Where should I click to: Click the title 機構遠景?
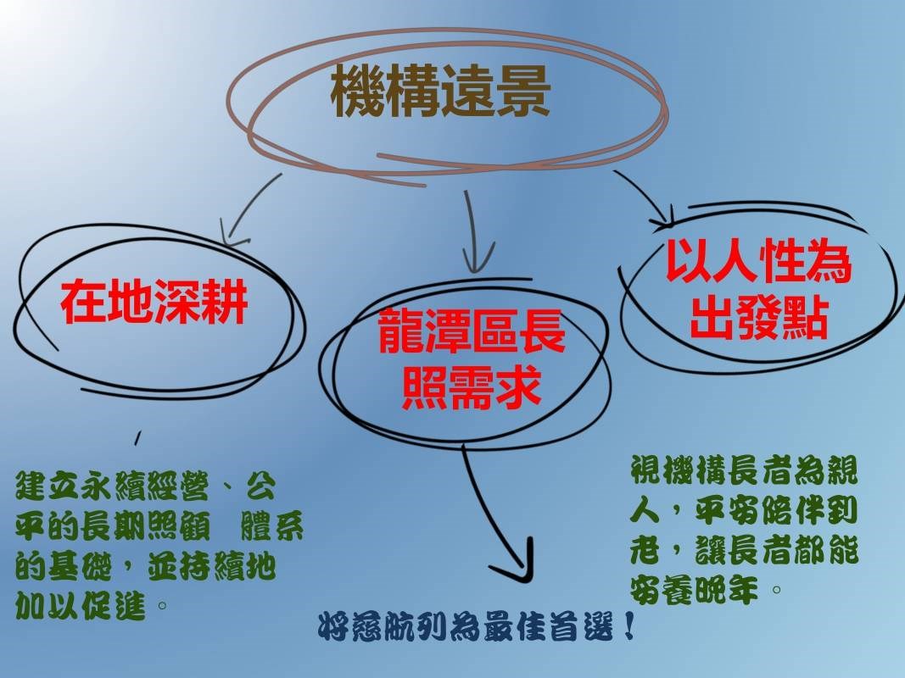click(x=440, y=91)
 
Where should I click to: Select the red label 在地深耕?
click(x=154, y=302)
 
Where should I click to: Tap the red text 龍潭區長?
click(x=471, y=331)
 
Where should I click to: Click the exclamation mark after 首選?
click(x=629, y=626)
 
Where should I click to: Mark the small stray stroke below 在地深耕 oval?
click(x=137, y=437)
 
